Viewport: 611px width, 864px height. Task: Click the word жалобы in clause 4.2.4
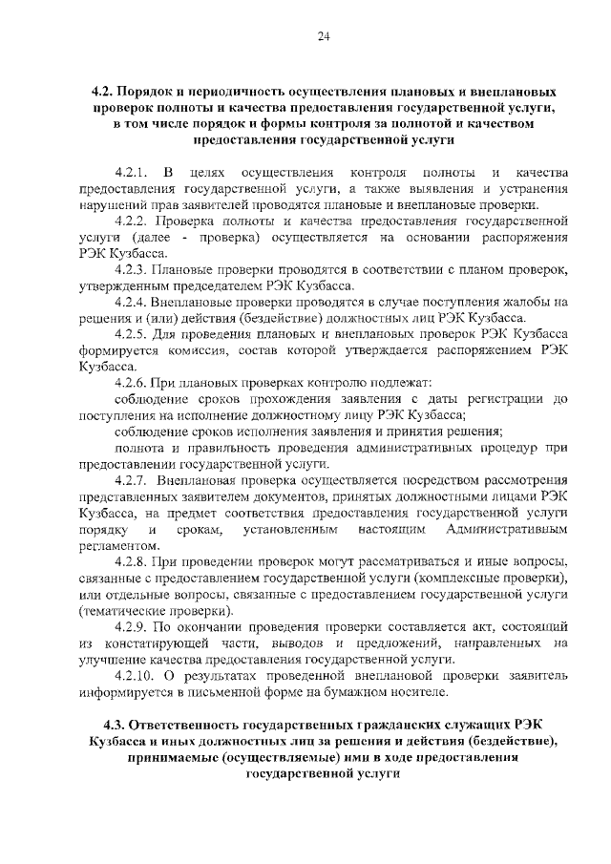click(x=529, y=302)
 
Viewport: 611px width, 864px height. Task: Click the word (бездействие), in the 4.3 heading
click(x=504, y=741)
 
